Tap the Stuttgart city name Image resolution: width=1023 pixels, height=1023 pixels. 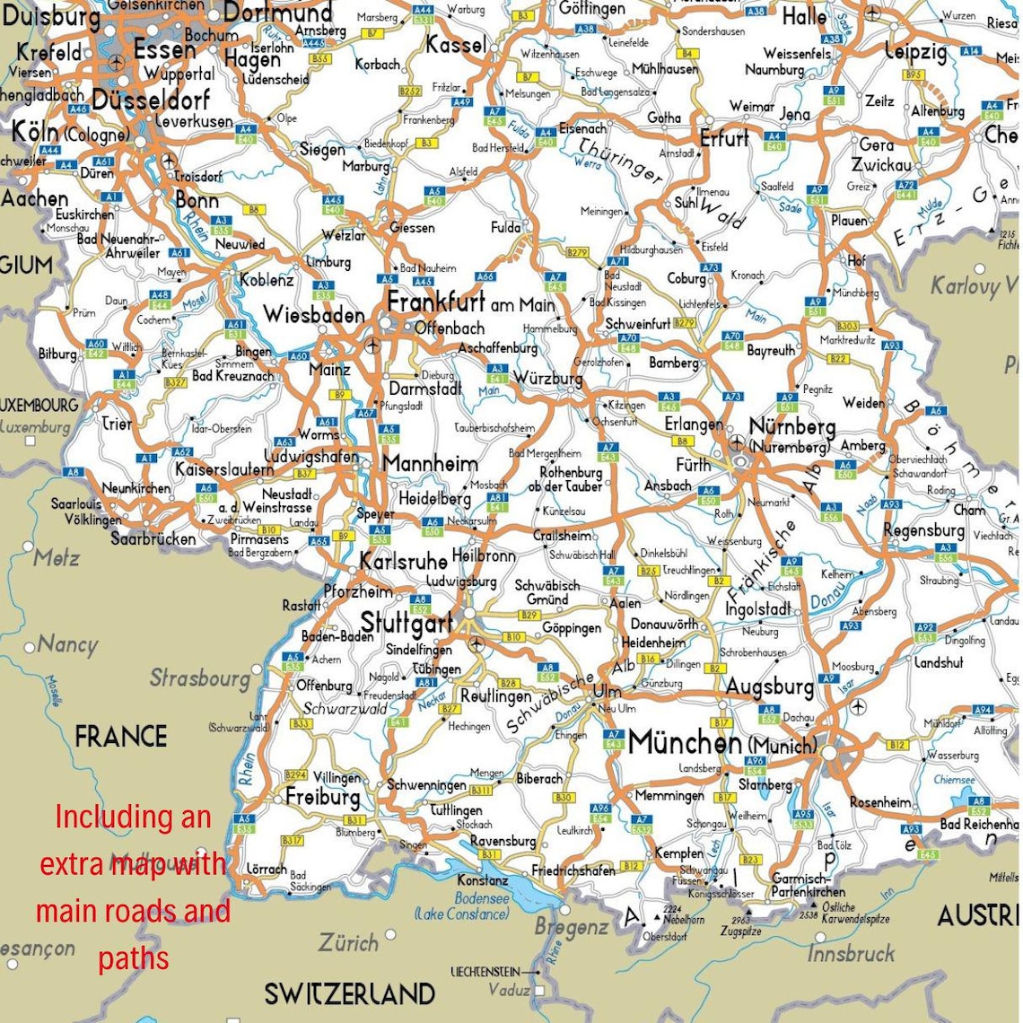click(x=406, y=622)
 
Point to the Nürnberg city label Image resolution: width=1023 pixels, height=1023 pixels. click(x=791, y=427)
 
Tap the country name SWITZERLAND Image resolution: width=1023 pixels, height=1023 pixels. click(x=349, y=993)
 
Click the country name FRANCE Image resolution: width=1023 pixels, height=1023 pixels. click(x=121, y=737)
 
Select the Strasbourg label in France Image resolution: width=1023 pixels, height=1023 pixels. click(x=199, y=678)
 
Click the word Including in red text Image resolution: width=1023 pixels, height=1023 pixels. click(x=133, y=817)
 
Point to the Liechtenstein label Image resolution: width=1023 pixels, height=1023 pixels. click(x=485, y=972)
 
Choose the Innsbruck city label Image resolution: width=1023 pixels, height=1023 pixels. click(x=851, y=952)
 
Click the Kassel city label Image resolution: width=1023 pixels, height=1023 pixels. click(x=456, y=44)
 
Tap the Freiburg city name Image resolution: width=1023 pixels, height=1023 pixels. click(x=322, y=796)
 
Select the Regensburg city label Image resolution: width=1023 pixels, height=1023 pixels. click(x=923, y=530)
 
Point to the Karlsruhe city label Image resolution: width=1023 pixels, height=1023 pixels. click(x=403, y=561)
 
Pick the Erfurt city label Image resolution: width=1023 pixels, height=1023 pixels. click(x=724, y=139)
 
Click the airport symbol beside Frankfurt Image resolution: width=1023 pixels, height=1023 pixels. click(x=373, y=345)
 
